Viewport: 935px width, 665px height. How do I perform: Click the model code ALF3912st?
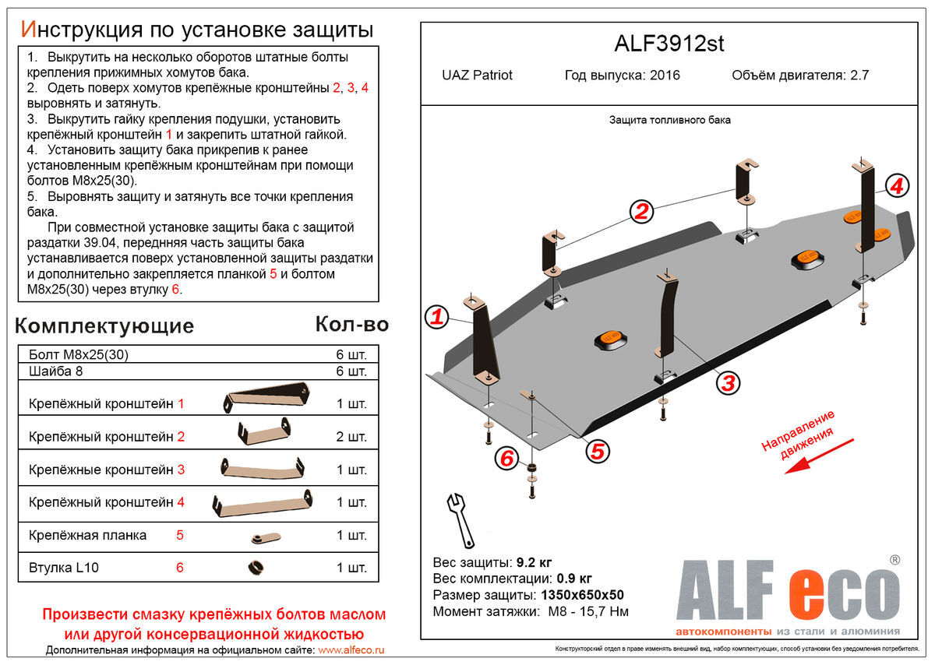click(x=669, y=44)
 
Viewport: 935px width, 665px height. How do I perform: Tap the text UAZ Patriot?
click(x=477, y=76)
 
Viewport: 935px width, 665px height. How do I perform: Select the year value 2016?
click(x=664, y=76)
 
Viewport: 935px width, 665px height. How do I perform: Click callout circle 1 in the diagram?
click(x=437, y=316)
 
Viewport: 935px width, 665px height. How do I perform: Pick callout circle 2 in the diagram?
click(x=640, y=211)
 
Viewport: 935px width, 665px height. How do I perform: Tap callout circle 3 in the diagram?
click(x=727, y=382)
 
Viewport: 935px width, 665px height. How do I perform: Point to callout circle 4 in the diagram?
click(x=897, y=186)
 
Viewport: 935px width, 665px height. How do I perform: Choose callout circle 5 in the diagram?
click(x=598, y=450)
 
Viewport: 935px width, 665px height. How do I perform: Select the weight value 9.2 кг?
click(x=534, y=562)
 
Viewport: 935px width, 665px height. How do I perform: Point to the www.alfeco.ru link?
click(x=351, y=649)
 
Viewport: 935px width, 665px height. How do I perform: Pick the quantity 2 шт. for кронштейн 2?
click(x=351, y=436)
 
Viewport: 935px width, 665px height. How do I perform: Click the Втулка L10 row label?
click(x=64, y=568)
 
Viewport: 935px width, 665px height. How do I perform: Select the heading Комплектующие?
click(x=104, y=325)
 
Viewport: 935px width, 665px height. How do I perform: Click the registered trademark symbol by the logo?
click(x=894, y=559)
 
